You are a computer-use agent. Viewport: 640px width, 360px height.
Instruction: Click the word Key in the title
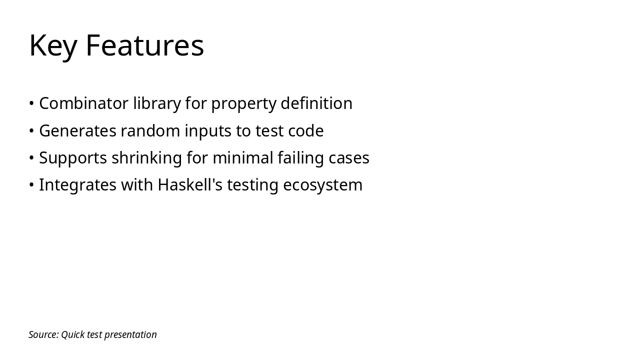pyautogui.click(x=52, y=46)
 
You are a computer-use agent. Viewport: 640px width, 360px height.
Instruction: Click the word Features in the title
pyautogui.click(x=144, y=45)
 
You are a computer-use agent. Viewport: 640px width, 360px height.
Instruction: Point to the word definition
pyautogui.click(x=316, y=103)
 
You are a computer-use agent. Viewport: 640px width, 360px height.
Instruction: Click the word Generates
pyautogui.click(x=77, y=131)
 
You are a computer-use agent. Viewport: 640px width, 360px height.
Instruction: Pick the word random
pyautogui.click(x=150, y=131)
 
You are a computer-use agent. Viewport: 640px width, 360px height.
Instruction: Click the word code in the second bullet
pyautogui.click(x=305, y=131)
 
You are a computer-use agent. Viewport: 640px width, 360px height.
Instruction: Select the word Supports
pyautogui.click(x=73, y=158)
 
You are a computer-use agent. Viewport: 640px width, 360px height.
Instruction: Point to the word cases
pyautogui.click(x=349, y=158)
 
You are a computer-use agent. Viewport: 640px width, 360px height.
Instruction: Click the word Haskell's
pyautogui.click(x=190, y=185)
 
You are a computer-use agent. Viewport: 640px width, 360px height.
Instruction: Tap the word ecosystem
pyautogui.click(x=322, y=185)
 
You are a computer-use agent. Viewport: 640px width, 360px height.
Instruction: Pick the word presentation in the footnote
pyautogui.click(x=130, y=335)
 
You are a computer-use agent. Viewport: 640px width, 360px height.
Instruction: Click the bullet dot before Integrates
pyautogui.click(x=31, y=185)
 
